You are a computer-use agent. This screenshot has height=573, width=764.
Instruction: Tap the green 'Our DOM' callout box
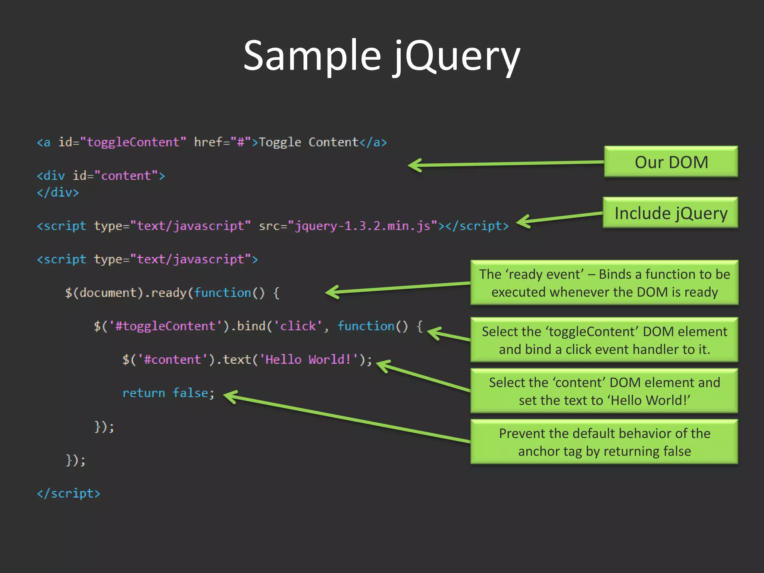[671, 162]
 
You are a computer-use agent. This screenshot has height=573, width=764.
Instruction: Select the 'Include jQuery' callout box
[670, 213]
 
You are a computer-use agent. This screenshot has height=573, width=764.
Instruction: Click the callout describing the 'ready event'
[604, 283]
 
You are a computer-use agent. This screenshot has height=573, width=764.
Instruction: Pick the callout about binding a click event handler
[604, 340]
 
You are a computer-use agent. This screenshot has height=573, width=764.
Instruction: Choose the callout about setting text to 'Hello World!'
[604, 391]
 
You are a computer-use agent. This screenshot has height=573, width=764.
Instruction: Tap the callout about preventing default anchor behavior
[604, 442]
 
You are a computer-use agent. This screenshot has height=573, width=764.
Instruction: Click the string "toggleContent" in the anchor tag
[133, 142]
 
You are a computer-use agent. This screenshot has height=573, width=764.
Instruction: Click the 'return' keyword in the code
[144, 393]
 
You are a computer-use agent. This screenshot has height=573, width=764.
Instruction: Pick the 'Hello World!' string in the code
[308, 360]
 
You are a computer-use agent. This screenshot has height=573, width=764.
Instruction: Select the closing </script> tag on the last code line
[69, 494]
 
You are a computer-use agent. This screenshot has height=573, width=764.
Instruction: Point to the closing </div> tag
[58, 192]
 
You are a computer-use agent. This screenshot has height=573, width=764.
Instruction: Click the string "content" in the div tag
[126, 176]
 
